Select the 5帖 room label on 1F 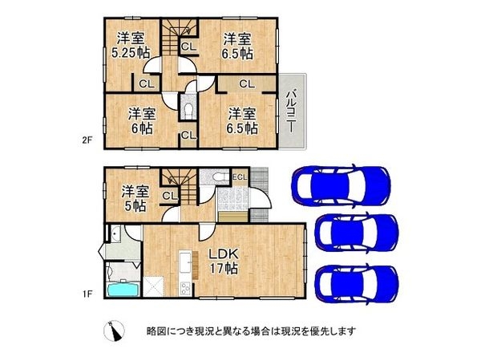pos(135,198)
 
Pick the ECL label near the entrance pos(240,176)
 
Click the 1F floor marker pos(91,295)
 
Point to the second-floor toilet pos(188,107)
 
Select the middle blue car pos(356,233)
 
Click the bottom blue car pos(356,282)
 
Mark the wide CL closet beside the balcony pos(246,83)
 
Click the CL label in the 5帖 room pos(169,195)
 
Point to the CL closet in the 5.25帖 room pos(147,83)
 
